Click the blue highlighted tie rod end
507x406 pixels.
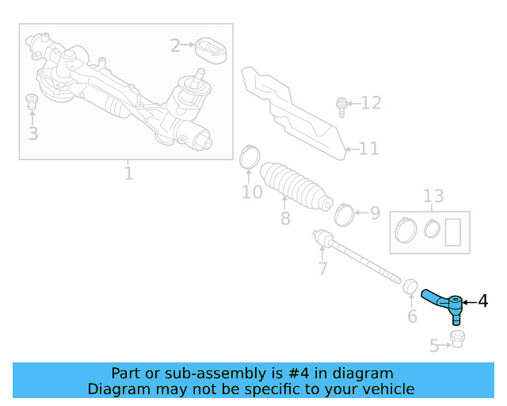click(x=444, y=303)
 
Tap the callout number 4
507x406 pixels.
click(x=482, y=301)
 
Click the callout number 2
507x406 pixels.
click(x=175, y=45)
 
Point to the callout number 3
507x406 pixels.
click(x=32, y=133)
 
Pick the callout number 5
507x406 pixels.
click(x=434, y=346)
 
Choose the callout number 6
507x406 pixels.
click(x=412, y=317)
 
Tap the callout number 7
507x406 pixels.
click(x=322, y=269)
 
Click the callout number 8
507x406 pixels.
click(x=285, y=217)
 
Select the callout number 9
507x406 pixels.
click(x=375, y=213)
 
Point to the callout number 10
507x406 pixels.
click(x=251, y=192)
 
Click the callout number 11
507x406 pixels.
click(x=369, y=148)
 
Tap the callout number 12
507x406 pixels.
click(x=371, y=103)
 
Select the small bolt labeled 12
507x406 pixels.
click(x=341, y=105)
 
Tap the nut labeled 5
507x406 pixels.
click(x=456, y=339)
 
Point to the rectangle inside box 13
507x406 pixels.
click(x=455, y=232)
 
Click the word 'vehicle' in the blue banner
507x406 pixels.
click(x=385, y=389)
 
